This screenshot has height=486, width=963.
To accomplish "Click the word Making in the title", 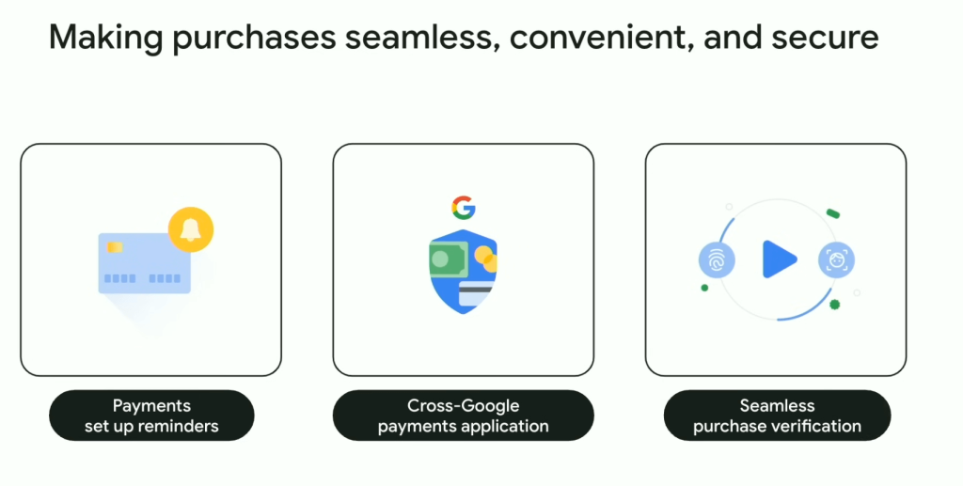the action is pos(105,37).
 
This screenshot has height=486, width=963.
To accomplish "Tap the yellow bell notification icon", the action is pos(191,230).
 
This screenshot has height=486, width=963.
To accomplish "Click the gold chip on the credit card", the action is pos(115,247).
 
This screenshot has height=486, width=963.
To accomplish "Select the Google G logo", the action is pos(464,208).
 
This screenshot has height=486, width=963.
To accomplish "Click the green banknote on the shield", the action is pos(449,259).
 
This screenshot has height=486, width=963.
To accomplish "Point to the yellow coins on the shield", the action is pos(486,259).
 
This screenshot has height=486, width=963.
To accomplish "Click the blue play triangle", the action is pos(780,259).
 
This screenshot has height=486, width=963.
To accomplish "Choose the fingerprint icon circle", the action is pos(717,260).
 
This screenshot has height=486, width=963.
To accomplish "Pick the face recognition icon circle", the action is pos(836,260).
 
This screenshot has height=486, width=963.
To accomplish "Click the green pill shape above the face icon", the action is pos(833,213).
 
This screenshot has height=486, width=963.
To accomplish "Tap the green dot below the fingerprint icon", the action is pos(704,288).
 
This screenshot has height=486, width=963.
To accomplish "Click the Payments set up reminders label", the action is pos(151,415).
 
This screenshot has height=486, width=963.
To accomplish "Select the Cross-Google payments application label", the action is pos(463,415).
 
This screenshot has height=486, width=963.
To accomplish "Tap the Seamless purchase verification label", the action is pos(777,415).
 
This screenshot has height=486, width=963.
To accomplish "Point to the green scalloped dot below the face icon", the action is pos(835,305).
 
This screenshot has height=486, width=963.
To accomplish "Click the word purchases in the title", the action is pos(254,39).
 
